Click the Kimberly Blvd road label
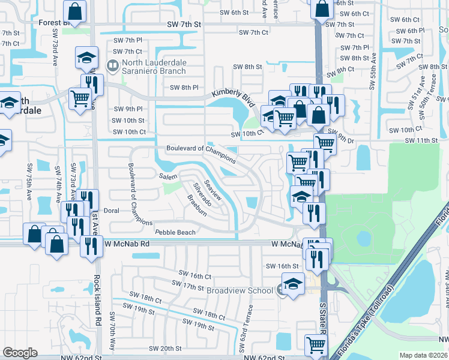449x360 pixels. pos(232,96)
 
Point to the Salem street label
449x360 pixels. pos(168,176)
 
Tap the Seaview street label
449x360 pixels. pos(213,190)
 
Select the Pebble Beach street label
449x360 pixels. pos(175,232)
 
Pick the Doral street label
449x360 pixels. pos(112,211)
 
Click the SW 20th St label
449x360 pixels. pos(165,348)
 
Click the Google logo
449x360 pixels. pos(20,353)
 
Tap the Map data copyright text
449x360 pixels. pos(423,355)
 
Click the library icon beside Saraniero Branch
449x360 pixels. pos(112,65)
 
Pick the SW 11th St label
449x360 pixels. pos(421,140)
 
